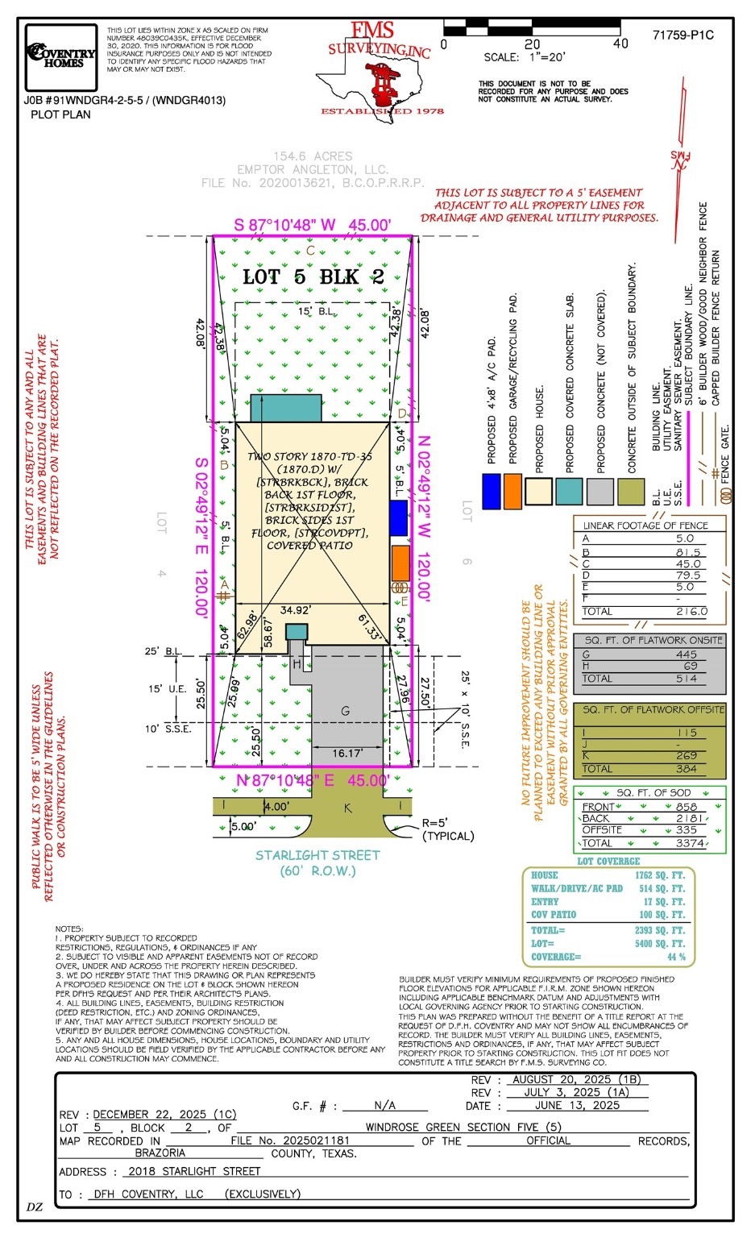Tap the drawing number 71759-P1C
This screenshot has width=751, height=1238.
683,35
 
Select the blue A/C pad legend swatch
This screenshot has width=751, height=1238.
491,491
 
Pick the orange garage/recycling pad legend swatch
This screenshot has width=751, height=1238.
512,491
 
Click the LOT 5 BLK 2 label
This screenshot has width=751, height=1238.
313,277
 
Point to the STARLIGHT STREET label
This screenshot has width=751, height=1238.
317,855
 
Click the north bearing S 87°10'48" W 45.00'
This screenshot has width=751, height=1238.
313,225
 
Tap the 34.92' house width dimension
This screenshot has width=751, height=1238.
296,610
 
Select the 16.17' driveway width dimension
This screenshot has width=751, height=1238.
347,754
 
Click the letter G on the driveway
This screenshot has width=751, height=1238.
345,711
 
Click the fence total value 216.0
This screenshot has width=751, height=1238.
690,612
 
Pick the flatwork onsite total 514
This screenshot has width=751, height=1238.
687,679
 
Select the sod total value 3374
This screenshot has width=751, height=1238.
690,843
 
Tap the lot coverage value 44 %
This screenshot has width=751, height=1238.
676,957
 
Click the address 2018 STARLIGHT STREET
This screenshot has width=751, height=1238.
194,1171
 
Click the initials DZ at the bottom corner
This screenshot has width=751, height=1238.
35,1207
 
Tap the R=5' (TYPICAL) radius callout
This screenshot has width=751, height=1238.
448,829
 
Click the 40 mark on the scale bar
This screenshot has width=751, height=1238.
620,44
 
